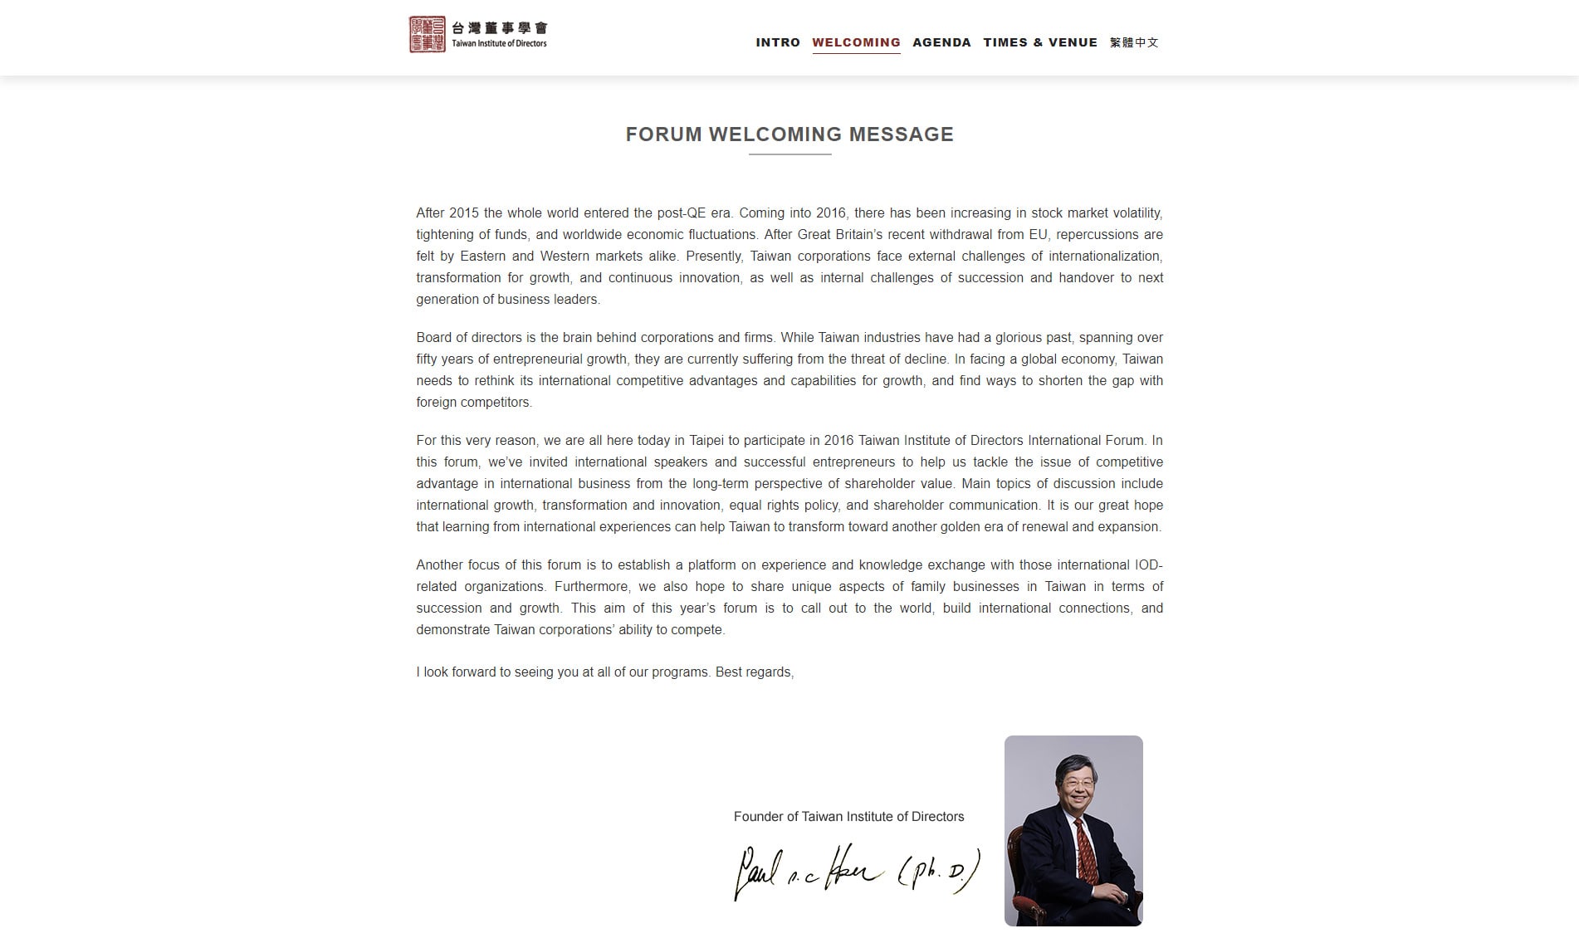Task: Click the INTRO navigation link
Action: point(778,42)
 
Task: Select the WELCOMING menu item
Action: point(856,42)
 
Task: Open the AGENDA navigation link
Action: point(941,42)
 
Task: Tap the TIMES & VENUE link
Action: point(1040,42)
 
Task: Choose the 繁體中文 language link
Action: point(1134,42)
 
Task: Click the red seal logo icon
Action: point(428,34)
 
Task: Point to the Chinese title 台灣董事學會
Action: point(500,27)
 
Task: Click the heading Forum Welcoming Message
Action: point(789,134)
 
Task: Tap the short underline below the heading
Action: point(789,154)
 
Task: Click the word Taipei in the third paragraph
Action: point(706,441)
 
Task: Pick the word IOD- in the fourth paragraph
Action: point(1148,565)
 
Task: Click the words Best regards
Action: point(754,672)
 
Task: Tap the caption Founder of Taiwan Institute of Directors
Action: point(848,817)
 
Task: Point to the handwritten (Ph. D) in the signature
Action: point(939,872)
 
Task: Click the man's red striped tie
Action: point(1084,851)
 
